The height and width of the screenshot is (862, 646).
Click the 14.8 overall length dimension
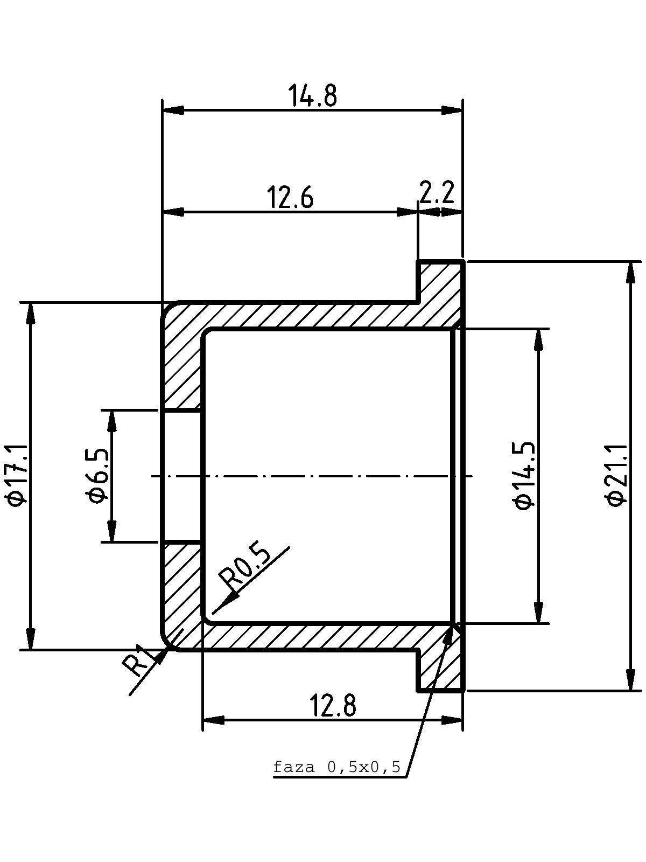[312, 95]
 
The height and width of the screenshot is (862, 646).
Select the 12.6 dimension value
[290, 197]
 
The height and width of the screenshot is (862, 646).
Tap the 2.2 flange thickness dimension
[437, 192]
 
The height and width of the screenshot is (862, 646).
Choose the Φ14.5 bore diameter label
[523, 476]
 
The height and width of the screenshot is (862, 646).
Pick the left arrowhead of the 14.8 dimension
[173, 110]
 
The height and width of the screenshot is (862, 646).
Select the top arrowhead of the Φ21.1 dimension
[630, 272]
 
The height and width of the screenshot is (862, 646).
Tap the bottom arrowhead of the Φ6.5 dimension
[112, 531]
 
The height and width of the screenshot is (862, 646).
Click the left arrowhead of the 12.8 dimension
[213, 720]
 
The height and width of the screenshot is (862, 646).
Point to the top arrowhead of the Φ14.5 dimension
[539, 340]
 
